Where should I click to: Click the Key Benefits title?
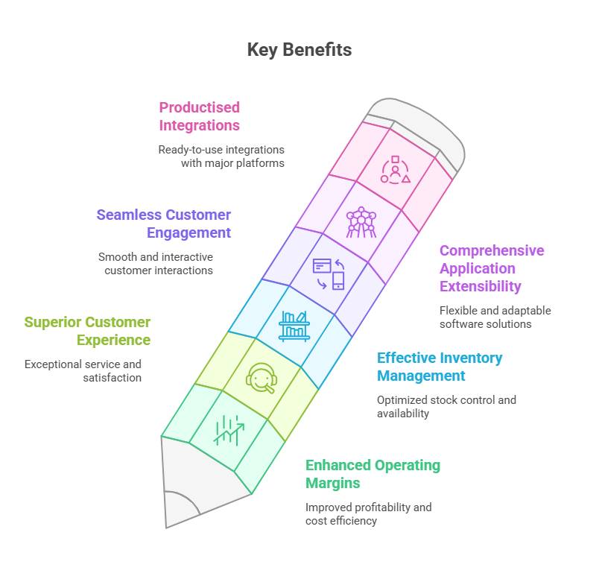pos(299,50)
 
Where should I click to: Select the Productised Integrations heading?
pos(200,116)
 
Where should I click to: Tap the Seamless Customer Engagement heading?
pos(163,224)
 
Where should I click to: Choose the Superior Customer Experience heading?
pos(87,332)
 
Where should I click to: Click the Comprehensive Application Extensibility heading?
pos(492,268)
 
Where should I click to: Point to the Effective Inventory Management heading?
pos(440,367)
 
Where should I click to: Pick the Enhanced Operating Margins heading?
pos(373,474)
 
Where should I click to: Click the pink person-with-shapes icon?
pos(396,170)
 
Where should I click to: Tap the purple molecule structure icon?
pos(361,222)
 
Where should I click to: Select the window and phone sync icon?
pos(329,274)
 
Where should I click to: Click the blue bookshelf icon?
pos(294,326)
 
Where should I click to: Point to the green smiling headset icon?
pos(262,378)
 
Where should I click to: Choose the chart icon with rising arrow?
pos(229,430)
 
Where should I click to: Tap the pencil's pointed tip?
pos(167,528)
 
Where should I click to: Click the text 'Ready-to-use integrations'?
pos(221,150)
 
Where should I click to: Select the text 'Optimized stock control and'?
pos(446,399)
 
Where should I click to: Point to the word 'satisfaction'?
pos(112,378)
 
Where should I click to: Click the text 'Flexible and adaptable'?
pos(495,310)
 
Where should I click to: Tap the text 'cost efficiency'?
pos(341,521)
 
